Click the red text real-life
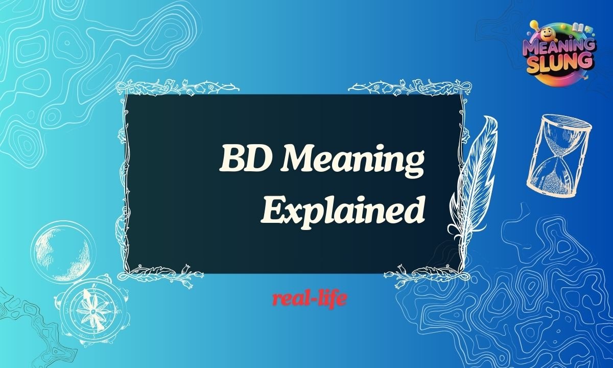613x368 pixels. pos(310,299)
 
